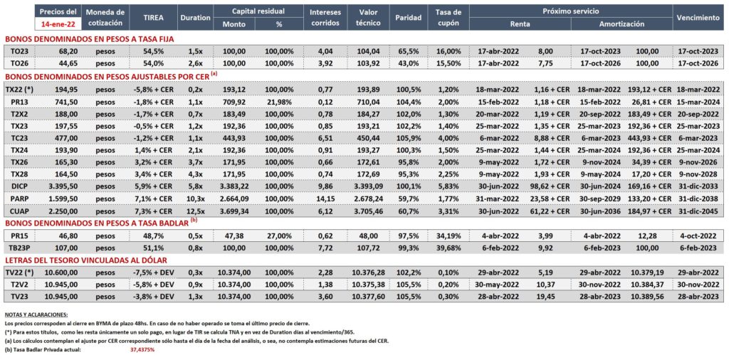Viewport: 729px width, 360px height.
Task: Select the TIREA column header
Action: [154, 18]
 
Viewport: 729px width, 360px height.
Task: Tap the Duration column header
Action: [194, 18]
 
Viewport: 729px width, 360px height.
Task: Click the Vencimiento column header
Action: [698, 18]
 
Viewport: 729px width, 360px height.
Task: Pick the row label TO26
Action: [18, 63]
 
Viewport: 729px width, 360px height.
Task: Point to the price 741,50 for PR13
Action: [66, 101]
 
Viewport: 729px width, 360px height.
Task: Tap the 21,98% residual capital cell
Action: [279, 101]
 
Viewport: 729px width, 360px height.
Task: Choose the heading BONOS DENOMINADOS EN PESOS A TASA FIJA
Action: [89, 40]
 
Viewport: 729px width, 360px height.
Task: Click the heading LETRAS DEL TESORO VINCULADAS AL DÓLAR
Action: [85, 260]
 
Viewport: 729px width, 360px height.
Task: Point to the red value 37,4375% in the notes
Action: [142, 349]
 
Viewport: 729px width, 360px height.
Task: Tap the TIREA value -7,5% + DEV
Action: [153, 272]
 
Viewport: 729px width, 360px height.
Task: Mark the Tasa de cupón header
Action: [449, 18]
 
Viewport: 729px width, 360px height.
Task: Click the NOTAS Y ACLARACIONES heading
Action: [36, 314]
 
